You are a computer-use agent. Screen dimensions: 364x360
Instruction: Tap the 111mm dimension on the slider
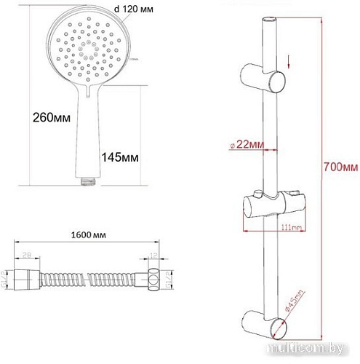tap(292, 227)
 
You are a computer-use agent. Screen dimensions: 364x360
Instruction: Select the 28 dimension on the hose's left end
tap(26, 256)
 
